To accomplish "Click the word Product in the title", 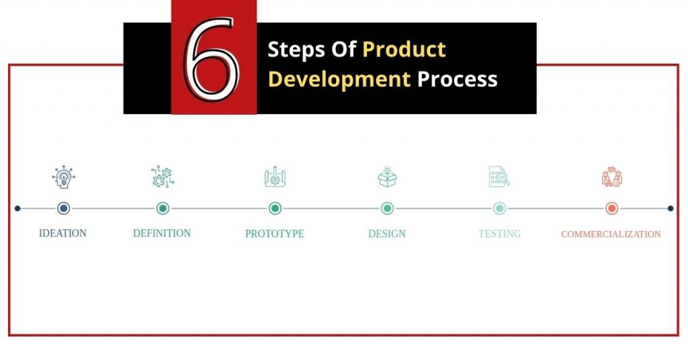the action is [404, 49].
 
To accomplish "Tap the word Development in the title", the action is [339, 79].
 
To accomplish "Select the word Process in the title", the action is [457, 79].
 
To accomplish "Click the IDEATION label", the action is [62, 233].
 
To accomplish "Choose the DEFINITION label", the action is [162, 233].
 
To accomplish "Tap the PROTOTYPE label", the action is [275, 234].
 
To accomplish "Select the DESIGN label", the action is [387, 234].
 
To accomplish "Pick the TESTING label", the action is [500, 234].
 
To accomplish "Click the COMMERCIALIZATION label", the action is [611, 234].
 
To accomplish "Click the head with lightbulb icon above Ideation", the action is [64, 177].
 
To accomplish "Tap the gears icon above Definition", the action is [163, 177].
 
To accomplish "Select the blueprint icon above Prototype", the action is [275, 177].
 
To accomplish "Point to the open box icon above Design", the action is [388, 177].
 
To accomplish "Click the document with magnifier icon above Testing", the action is [499, 176].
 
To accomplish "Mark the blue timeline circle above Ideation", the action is [64, 208].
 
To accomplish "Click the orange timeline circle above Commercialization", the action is [611, 208].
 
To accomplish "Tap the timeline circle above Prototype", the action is [275, 208].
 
